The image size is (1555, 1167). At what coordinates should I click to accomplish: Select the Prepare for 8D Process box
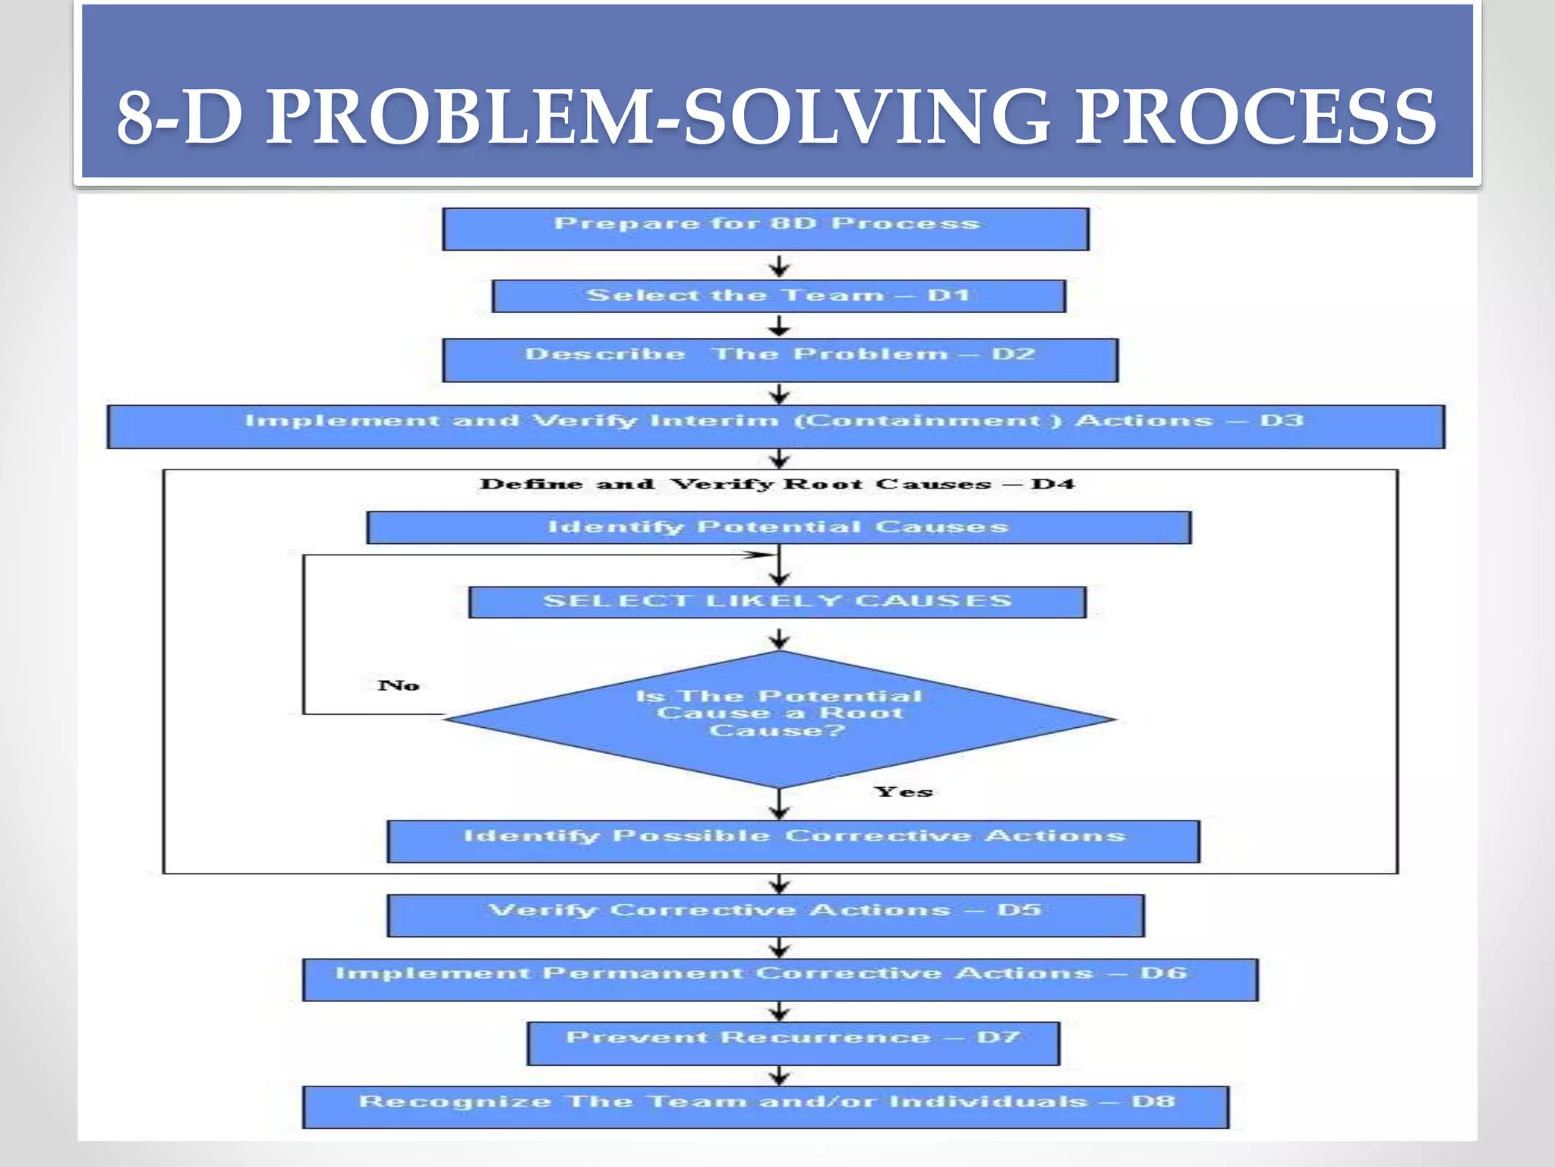765,229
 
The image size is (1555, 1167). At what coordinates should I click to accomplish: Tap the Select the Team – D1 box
778,296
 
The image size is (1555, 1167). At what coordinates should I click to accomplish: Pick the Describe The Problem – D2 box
780,359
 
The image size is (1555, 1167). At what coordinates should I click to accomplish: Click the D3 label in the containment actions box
1282,420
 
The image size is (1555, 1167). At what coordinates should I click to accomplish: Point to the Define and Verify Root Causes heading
777,484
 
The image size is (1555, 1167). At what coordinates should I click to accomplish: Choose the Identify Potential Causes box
778,527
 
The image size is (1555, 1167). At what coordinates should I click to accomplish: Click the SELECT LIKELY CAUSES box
777,602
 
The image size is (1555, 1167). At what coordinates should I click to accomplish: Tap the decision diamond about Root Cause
778,718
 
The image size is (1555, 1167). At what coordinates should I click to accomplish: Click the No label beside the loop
399,685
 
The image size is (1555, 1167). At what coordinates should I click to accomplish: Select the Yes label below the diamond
904,792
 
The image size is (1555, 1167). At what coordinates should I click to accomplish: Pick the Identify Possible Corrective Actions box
793,841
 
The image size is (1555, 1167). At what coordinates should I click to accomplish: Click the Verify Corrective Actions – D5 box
765,915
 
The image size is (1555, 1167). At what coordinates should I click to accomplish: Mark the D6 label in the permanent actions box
1162,973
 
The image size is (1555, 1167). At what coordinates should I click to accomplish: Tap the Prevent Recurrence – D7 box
793,1043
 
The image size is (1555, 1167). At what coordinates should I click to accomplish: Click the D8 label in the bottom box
1153,1101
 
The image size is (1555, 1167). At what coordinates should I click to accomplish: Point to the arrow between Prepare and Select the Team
779,266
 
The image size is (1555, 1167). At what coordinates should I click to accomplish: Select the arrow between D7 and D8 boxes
779,1076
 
